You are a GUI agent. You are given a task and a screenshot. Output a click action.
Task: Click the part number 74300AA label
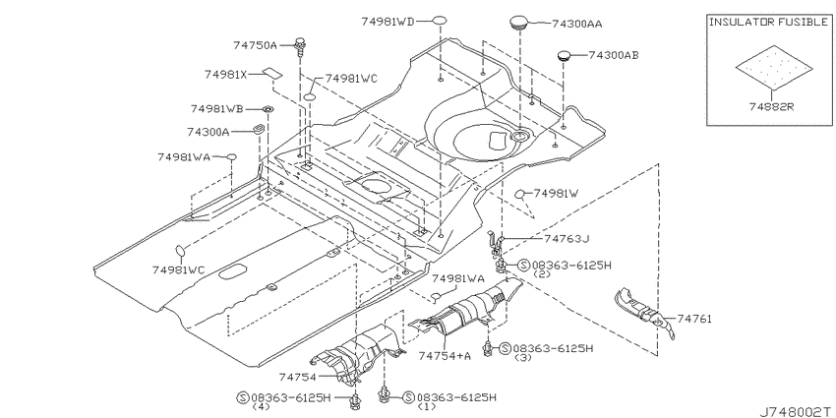577,24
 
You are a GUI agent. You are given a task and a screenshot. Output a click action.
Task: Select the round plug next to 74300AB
565,55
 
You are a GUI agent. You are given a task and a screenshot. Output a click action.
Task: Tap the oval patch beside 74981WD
439,22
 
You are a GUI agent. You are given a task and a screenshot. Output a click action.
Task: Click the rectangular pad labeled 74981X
271,73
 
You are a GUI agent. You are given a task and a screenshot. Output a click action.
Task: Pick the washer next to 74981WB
268,109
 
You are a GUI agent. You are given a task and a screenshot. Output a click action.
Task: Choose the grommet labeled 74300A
259,130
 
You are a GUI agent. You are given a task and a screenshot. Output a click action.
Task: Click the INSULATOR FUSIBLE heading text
769,22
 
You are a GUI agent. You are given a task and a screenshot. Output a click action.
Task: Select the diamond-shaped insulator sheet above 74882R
774,68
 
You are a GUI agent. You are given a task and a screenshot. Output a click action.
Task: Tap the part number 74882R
771,106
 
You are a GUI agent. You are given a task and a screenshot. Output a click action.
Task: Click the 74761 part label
694,319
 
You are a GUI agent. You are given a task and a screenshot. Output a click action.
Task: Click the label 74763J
567,238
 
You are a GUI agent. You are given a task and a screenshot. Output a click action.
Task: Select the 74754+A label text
445,356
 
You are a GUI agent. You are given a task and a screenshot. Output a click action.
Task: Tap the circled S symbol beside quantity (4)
243,397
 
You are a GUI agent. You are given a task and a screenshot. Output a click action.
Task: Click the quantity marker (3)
523,357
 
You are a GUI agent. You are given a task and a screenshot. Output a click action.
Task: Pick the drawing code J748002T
797,411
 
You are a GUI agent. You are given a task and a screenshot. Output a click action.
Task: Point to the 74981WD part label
388,22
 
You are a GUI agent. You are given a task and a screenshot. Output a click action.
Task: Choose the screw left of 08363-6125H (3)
487,348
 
